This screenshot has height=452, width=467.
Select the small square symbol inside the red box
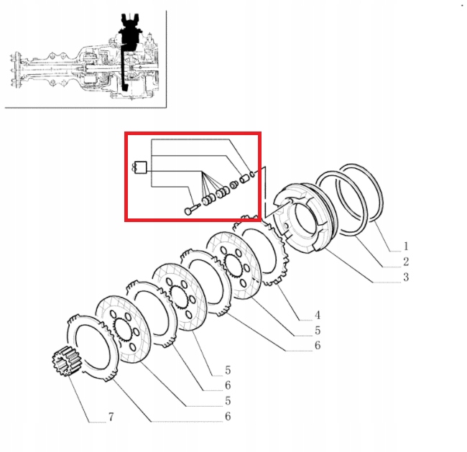tap(142, 170)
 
